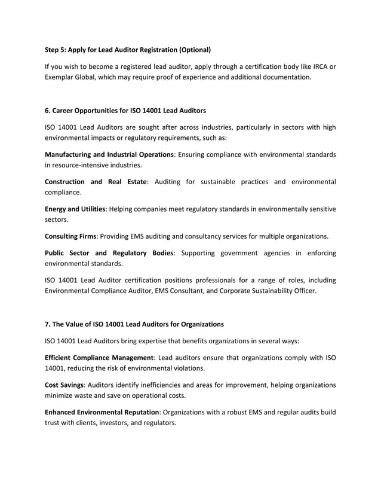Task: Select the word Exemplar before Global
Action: tap(62, 77)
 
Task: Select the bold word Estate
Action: tap(133, 182)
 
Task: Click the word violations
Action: tap(204, 367)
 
